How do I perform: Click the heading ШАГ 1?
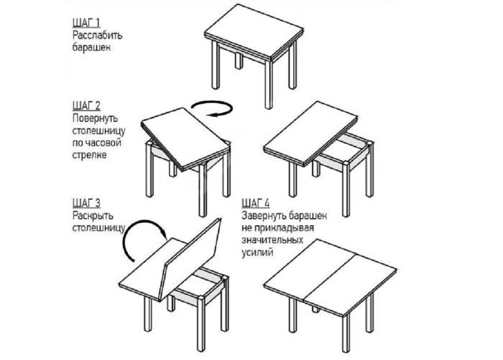[86, 23]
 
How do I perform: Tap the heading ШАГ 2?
[86, 106]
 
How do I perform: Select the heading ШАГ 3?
[86, 203]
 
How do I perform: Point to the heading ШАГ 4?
[256, 203]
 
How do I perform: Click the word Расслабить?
[97, 35]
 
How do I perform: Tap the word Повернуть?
[95, 118]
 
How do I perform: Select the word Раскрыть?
[92, 215]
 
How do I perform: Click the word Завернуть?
[264, 215]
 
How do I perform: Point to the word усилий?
[257, 253]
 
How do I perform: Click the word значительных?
[272, 240]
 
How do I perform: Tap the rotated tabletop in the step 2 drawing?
[186, 138]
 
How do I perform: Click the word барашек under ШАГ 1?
[91, 47]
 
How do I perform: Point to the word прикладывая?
[285, 228]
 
